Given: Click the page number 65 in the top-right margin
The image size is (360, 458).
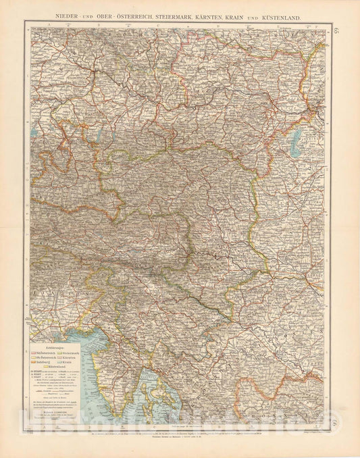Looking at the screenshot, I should point(338,29).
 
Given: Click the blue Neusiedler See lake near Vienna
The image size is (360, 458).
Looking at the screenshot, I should point(296,138).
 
